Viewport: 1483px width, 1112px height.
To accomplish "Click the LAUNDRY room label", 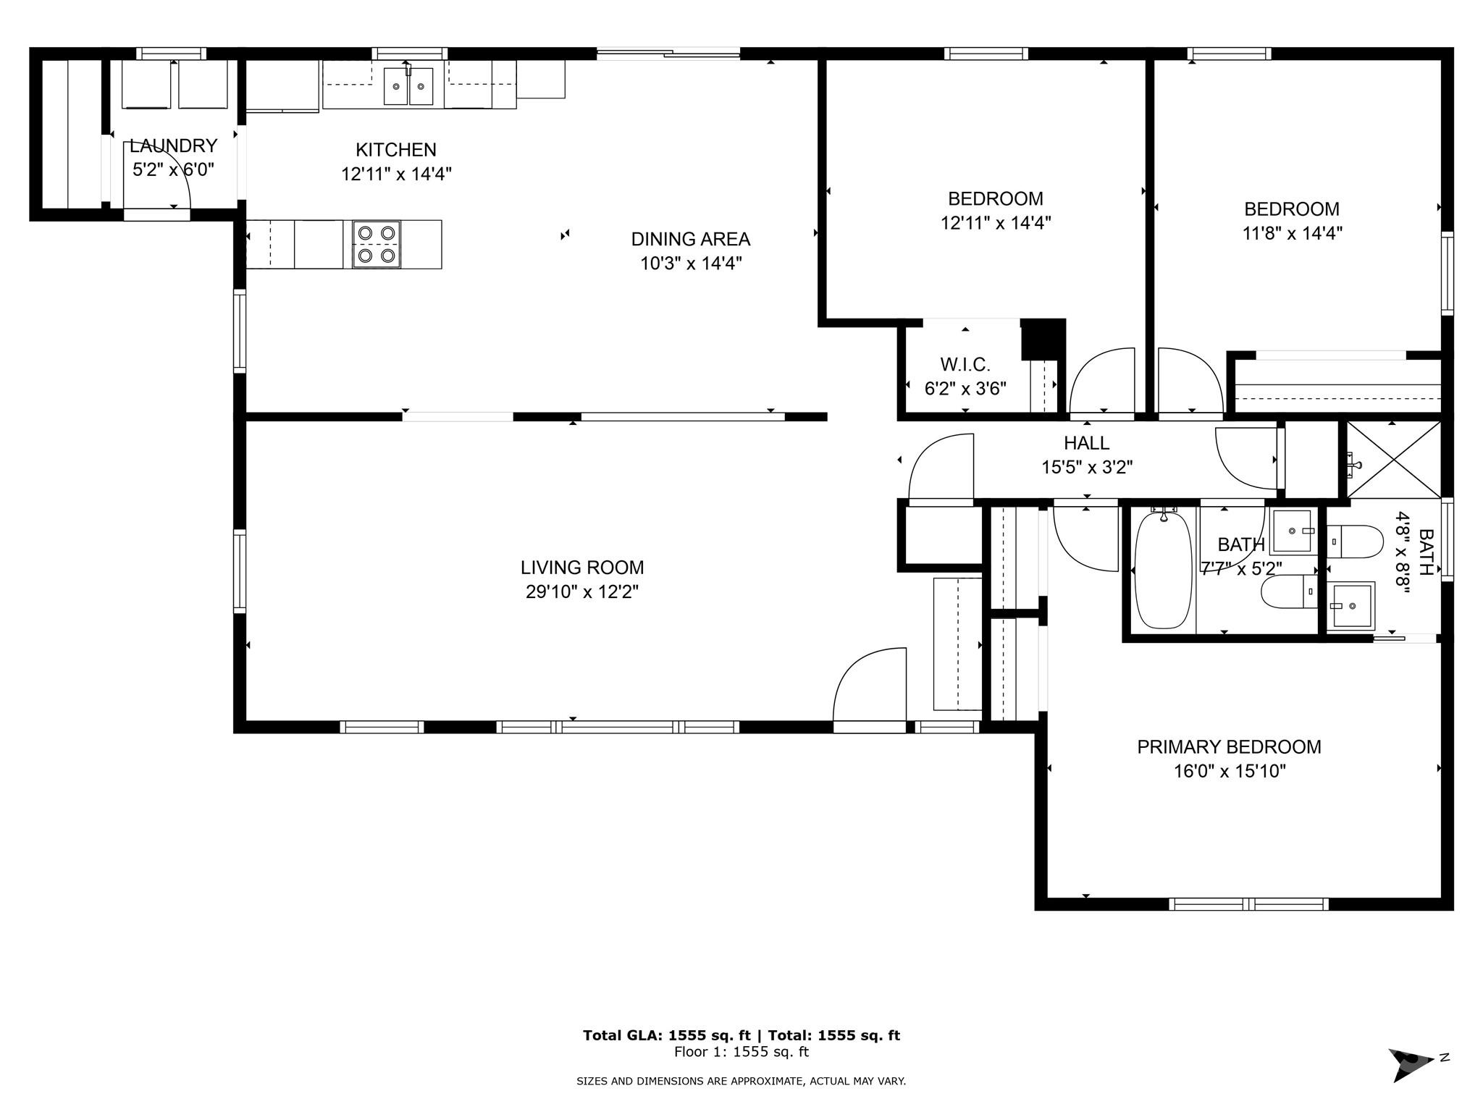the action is (174, 146).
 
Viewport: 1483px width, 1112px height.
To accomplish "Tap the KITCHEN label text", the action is (396, 150).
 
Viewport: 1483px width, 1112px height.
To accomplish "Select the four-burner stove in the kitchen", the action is (377, 244).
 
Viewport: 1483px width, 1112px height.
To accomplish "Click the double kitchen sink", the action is (408, 86).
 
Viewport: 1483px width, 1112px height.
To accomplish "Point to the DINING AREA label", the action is (691, 239).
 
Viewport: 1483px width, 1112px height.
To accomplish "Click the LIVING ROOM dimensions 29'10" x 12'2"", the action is (582, 592).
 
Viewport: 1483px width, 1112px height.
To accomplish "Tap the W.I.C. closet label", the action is (965, 364).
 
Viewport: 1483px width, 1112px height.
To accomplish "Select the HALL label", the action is (1086, 442).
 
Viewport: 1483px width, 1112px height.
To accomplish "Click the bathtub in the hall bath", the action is (1163, 569).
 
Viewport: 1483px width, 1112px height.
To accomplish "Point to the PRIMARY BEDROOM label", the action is (1229, 746).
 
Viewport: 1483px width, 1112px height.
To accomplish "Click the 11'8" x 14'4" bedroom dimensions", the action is (1291, 233).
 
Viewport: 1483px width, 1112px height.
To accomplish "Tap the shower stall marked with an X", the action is (1393, 460).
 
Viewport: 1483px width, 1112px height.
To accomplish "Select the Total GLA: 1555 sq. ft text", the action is (667, 1035).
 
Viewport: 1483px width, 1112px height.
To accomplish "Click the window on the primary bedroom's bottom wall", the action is (1248, 903).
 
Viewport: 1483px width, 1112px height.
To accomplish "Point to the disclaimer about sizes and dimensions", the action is (741, 1081).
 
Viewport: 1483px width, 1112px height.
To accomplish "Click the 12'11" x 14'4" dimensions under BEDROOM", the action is (996, 222).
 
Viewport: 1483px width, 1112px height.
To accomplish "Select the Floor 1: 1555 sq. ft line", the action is (741, 1052).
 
